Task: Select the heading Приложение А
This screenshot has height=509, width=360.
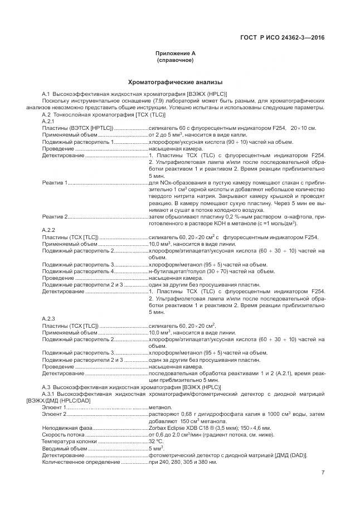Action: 175,53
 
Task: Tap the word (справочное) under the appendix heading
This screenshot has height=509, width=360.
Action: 175,60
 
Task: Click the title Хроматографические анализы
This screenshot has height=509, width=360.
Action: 175,81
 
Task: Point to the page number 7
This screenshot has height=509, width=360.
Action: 323,473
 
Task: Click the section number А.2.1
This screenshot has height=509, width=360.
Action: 48,121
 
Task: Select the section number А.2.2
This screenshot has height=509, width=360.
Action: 48,230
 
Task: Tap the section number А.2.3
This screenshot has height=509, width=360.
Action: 48,318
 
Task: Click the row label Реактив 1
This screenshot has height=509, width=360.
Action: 55,183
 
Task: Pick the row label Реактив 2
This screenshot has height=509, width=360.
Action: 55,216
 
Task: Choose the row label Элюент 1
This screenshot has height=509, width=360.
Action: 55,408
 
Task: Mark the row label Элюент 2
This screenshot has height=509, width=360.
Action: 55,415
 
